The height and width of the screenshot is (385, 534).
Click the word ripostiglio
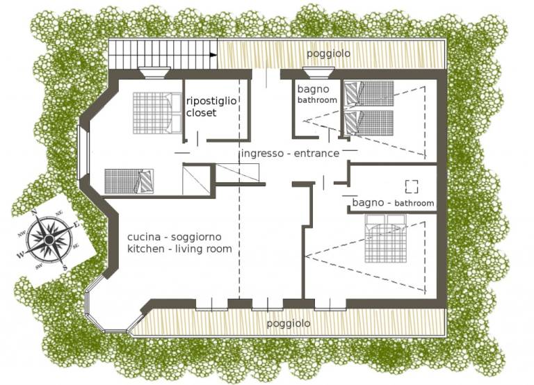211,101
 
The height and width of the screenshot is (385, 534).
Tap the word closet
201,113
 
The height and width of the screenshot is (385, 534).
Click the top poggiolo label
328,54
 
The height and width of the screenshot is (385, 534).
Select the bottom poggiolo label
288,323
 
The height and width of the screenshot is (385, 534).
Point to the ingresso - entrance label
290,154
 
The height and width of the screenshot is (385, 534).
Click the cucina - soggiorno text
175,237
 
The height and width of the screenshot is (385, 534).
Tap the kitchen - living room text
179,249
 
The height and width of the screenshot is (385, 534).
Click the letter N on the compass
34,213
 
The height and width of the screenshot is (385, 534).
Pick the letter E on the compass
76,224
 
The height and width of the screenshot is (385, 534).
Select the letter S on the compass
65,268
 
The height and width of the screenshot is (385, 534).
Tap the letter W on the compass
21,255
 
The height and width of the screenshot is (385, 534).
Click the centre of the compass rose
49,240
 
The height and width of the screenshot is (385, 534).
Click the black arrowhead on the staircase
213,54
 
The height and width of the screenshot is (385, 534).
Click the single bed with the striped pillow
129,181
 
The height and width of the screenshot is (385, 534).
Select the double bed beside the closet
157,113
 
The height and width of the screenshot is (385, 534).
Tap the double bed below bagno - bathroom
386,238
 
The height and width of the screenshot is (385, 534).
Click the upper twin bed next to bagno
369,93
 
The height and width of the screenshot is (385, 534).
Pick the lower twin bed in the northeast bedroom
369,122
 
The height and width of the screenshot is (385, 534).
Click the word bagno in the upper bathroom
314,90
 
